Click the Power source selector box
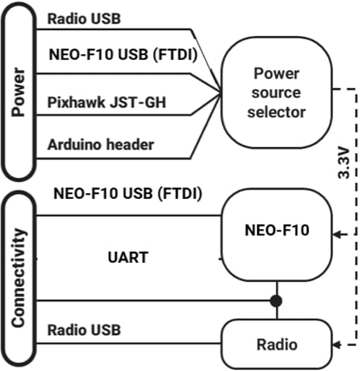(x=276, y=92)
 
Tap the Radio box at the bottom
(x=276, y=343)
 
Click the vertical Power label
(x=20, y=92)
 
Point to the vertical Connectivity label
(x=20, y=279)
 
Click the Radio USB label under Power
(x=85, y=18)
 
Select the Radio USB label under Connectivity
(x=85, y=329)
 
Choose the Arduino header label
(x=101, y=144)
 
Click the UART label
(x=127, y=257)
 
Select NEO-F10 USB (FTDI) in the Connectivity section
(x=127, y=195)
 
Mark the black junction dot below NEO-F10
(x=276, y=300)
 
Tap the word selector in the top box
(x=276, y=112)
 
